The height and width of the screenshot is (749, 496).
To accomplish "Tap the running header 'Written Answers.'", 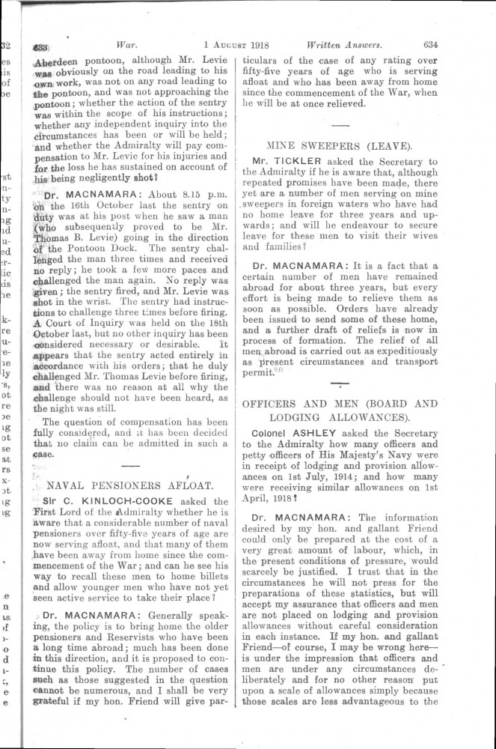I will point(340,43).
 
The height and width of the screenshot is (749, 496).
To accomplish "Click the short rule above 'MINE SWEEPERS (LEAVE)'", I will point(340,123).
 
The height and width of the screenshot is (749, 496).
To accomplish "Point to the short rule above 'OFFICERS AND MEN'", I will point(340,386).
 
